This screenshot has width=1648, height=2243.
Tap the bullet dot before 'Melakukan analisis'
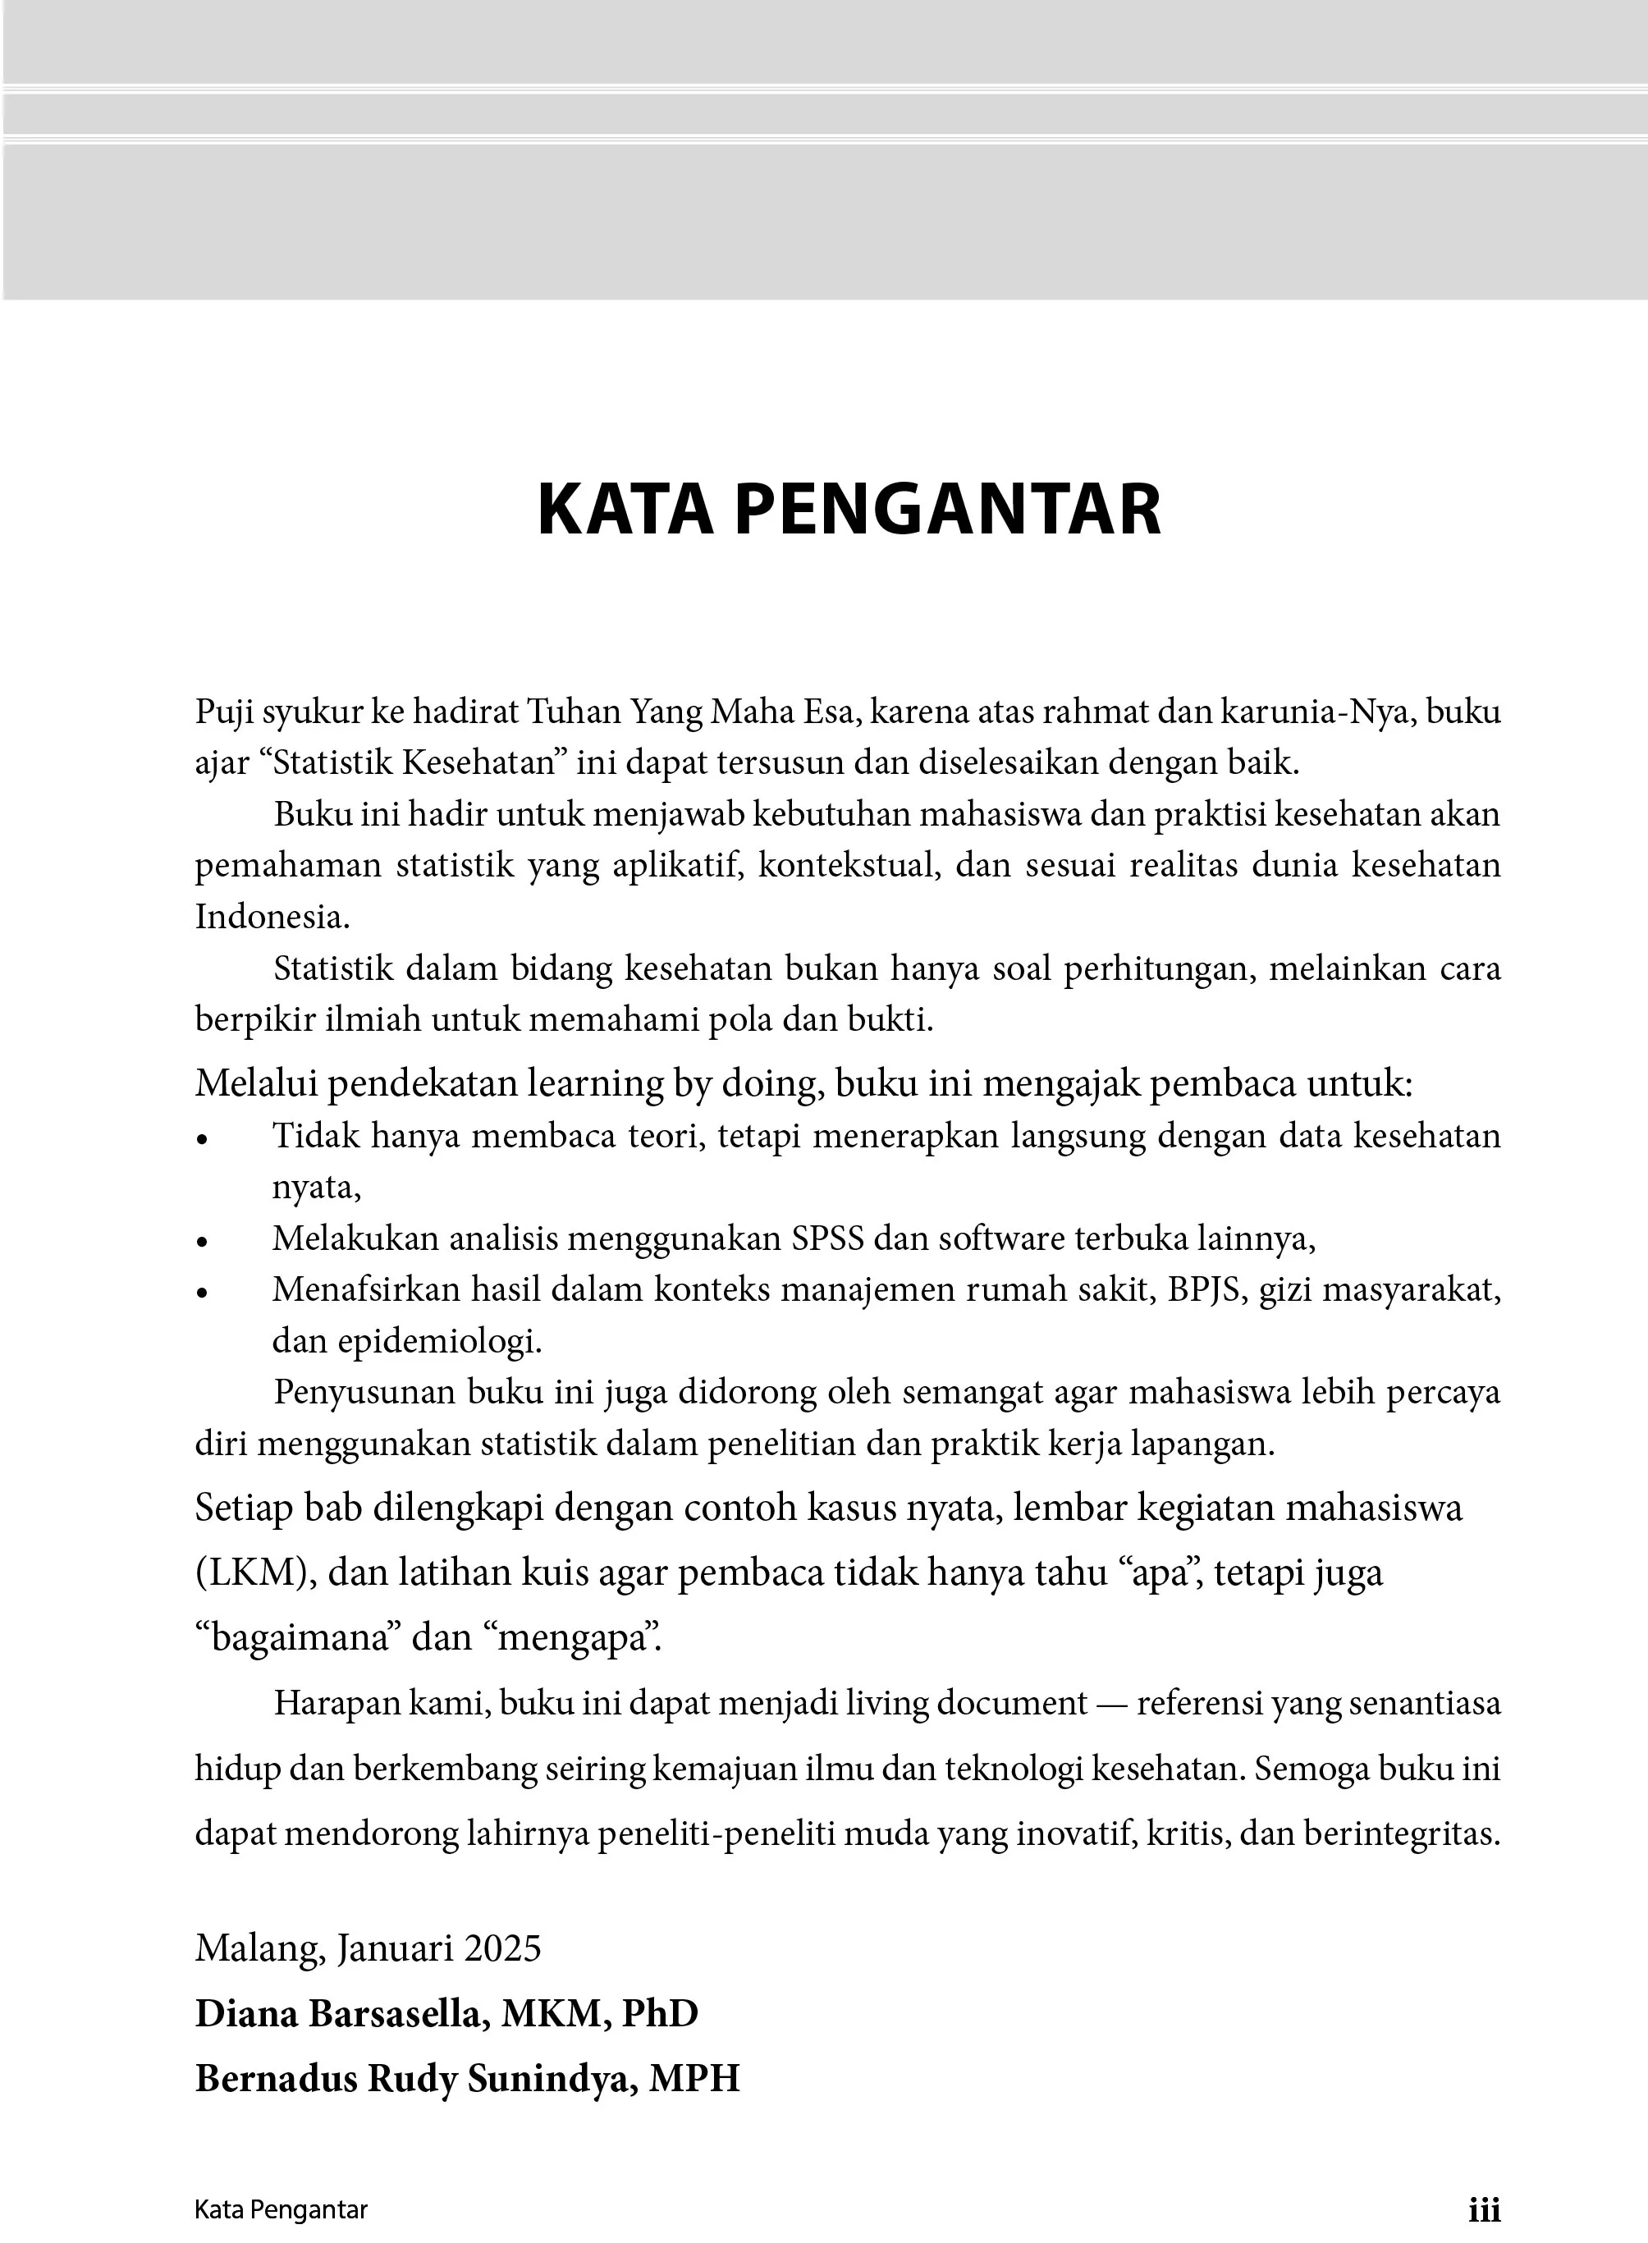pos(203,1242)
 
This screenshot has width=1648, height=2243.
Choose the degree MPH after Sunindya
pos(694,2078)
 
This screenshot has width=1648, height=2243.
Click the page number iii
pos(1485,2210)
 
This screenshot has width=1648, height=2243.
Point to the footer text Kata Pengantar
pos(282,2210)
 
